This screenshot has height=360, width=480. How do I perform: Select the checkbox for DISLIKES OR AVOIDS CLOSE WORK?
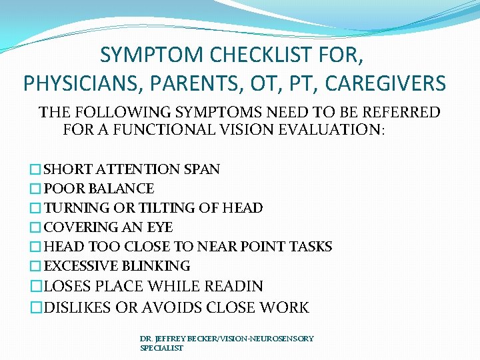(x=37, y=308)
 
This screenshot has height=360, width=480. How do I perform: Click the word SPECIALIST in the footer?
(x=161, y=348)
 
